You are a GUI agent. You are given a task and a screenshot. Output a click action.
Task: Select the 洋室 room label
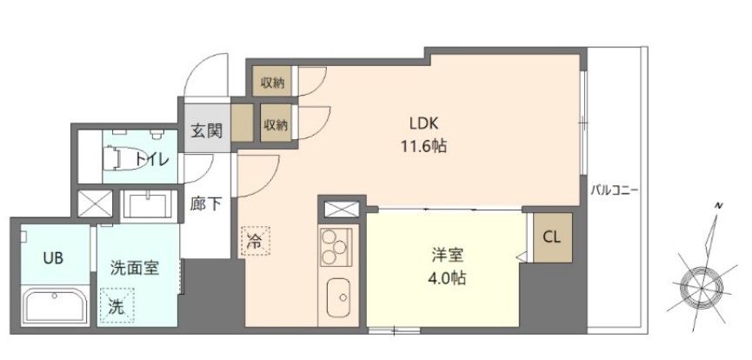pos(448,256)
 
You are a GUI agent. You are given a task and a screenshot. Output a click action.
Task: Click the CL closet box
pos(552,237)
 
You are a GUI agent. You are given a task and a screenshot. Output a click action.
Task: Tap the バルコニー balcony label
pos(614,188)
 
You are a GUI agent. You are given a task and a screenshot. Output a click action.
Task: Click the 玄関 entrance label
pos(206,131)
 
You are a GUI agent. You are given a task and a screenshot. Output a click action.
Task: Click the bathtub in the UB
pos(53,305)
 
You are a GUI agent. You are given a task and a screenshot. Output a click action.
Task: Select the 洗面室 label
pos(135,269)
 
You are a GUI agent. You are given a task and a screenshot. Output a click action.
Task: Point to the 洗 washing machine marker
pos(116,305)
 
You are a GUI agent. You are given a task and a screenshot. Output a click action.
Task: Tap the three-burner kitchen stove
pos(334,247)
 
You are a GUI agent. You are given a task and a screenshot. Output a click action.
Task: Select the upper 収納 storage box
pos(273,83)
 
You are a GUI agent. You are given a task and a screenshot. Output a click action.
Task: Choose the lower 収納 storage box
pos(276,124)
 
